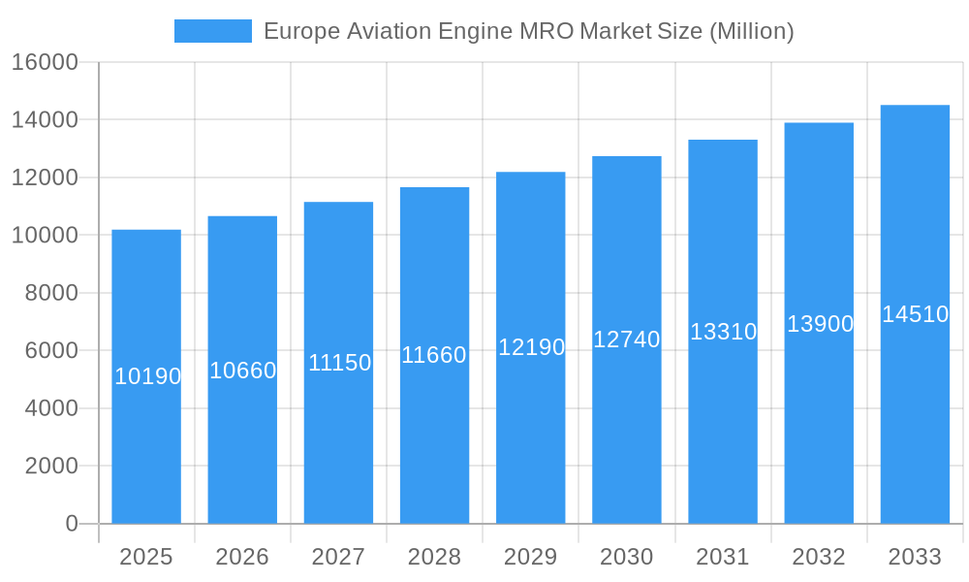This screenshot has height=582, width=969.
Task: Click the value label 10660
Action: (x=243, y=371)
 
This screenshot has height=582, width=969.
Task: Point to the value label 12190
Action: (x=531, y=347)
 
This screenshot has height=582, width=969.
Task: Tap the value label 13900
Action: (x=820, y=324)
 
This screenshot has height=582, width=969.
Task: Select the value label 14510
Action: (x=915, y=314)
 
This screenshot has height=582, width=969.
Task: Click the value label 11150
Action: (x=339, y=363)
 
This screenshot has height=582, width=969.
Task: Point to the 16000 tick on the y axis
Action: (x=45, y=62)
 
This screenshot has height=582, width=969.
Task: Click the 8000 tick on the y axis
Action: (x=50, y=293)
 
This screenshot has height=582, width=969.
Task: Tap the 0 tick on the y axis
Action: (x=72, y=524)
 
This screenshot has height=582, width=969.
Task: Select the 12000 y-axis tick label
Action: (x=45, y=178)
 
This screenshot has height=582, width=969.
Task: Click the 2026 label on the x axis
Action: (x=242, y=557)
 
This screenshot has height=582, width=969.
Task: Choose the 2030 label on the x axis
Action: (x=627, y=557)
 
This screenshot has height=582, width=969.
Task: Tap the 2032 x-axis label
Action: (x=819, y=557)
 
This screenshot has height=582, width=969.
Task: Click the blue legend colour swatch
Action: (x=212, y=31)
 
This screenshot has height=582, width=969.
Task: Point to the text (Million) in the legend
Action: (x=752, y=31)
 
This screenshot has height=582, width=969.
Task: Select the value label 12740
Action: (x=627, y=339)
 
